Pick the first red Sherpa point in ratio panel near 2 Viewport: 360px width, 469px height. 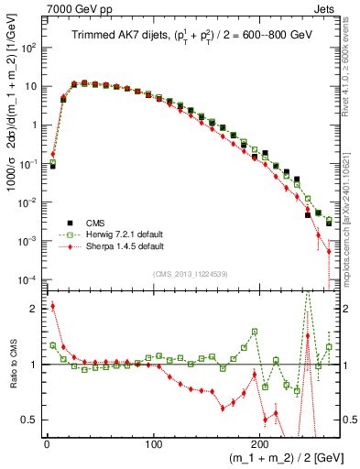tap(52, 306)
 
